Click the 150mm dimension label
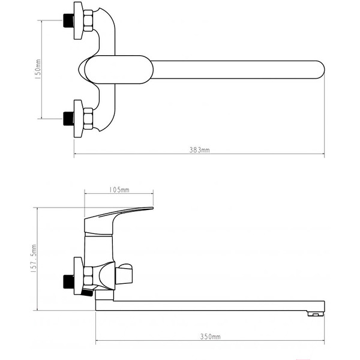coord(38,69)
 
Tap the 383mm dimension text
coord(199,150)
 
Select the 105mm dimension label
coord(119,190)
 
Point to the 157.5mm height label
coord(34,258)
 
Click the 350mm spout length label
coord(211,337)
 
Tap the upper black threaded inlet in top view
coord(68,20)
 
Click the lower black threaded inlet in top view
coord(68,119)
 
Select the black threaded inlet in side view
coord(68,282)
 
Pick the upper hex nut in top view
coord(88,20)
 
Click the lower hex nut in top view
coord(88,119)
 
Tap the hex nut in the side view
coord(88,278)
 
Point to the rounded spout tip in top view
coord(320,70)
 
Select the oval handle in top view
coord(119,70)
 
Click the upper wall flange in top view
coord(78,20)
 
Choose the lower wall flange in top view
coord(78,119)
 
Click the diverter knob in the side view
coord(124,274)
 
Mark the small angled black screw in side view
coord(88,293)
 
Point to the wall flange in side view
coord(78,276)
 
